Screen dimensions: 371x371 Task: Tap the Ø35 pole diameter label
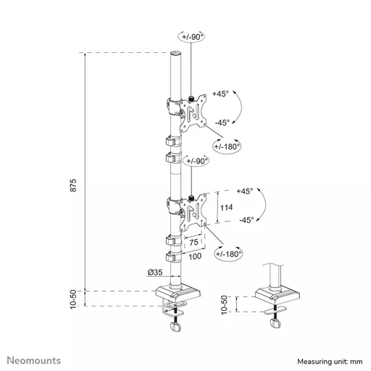(154, 272)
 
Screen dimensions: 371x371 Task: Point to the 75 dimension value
(193, 243)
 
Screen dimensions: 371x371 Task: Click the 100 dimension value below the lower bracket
(193, 256)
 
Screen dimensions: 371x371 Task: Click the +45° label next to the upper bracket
(221, 94)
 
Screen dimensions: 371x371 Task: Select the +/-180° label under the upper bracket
(228, 147)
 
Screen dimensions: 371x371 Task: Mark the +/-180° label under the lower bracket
(229, 254)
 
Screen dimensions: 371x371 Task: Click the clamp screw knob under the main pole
(176, 328)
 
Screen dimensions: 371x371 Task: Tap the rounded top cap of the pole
(175, 54)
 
